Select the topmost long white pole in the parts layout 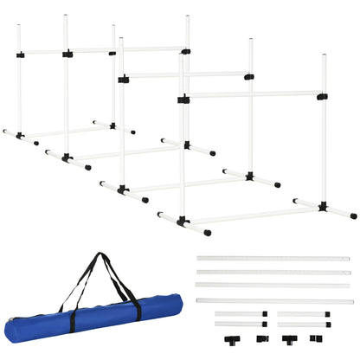(273, 259)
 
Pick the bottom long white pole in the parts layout (273, 300)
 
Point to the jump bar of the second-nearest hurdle (185, 75)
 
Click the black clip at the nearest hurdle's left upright (183, 100)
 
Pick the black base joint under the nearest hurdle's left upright (183, 222)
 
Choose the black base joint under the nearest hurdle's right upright (324, 206)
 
